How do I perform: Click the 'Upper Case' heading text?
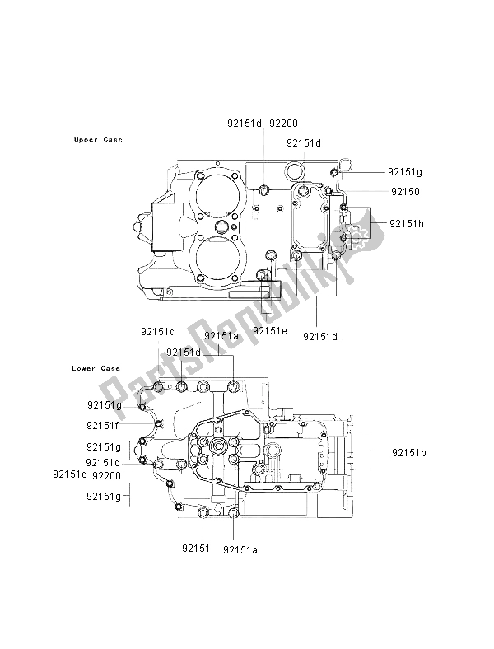98,140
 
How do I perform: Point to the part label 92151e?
270,330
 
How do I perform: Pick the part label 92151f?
104,426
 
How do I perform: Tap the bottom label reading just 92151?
196,547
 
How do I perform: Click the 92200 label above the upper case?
283,124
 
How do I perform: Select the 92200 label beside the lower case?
108,475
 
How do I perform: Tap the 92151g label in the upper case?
405,172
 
